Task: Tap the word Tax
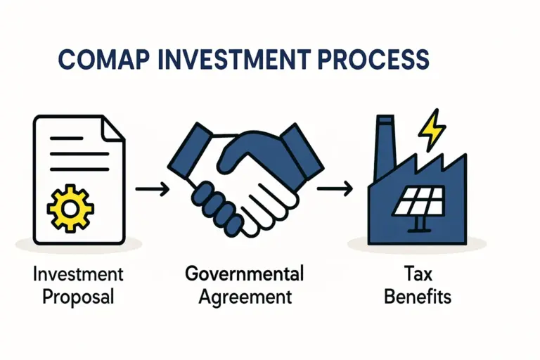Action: (x=417, y=273)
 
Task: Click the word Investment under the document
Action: (x=77, y=273)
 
